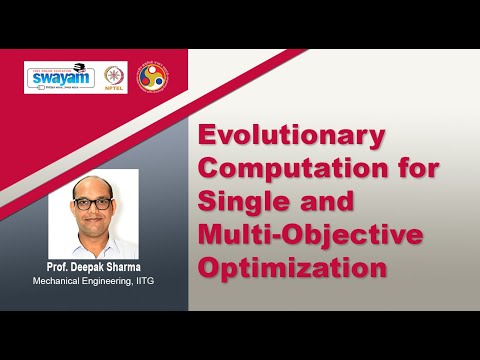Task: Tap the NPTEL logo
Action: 115,76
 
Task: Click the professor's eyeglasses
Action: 92,203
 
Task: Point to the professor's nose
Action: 92,210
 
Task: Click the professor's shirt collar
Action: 92,239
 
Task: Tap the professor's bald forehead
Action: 92,188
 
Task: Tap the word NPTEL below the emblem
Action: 115,88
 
